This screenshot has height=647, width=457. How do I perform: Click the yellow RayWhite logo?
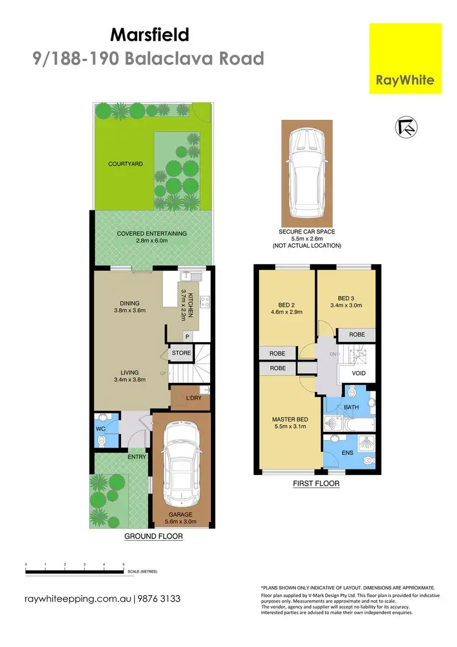[x=405, y=59]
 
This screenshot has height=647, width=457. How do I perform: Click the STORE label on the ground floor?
[x=181, y=353]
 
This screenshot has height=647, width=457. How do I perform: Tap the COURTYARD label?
[x=126, y=164]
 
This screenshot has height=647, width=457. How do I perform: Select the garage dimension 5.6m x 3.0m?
[x=182, y=518]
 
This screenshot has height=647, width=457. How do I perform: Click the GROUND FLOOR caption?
[x=154, y=537]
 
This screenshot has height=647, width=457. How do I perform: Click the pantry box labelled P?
[x=187, y=336]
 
